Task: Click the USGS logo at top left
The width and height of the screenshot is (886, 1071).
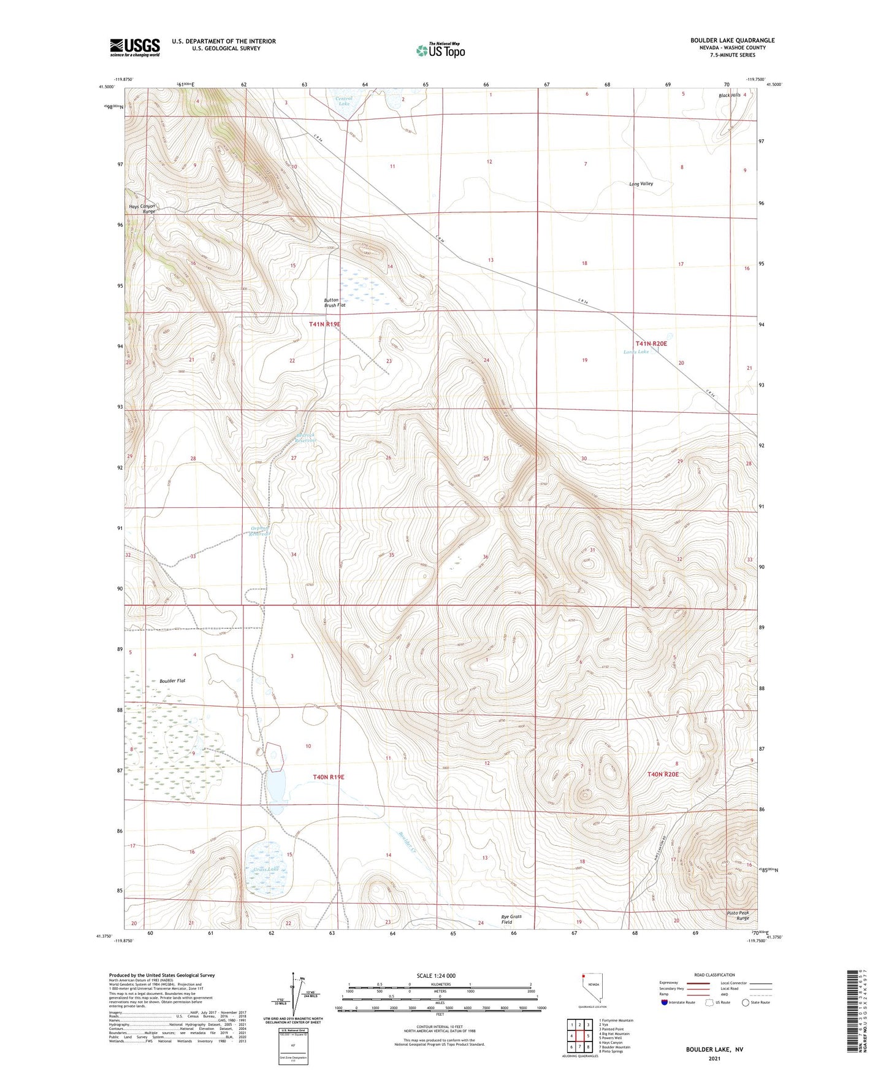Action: (x=134, y=47)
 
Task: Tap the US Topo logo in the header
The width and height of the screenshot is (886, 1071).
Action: (x=440, y=50)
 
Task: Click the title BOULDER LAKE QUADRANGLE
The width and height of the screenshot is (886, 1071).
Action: (x=732, y=40)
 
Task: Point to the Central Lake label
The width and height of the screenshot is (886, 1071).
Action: (x=343, y=101)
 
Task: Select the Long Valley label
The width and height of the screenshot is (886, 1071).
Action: (x=641, y=183)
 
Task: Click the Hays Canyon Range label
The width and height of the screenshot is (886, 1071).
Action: (x=142, y=209)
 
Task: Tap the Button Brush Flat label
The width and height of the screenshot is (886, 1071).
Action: (x=334, y=302)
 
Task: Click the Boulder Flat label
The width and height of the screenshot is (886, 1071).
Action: (x=172, y=681)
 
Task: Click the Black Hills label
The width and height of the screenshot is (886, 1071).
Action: (x=729, y=96)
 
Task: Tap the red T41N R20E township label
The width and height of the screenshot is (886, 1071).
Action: (x=651, y=344)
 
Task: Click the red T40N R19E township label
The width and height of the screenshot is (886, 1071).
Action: (x=328, y=777)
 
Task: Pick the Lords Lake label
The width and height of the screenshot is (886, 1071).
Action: (x=636, y=352)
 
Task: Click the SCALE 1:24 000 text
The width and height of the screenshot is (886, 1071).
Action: (x=436, y=975)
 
